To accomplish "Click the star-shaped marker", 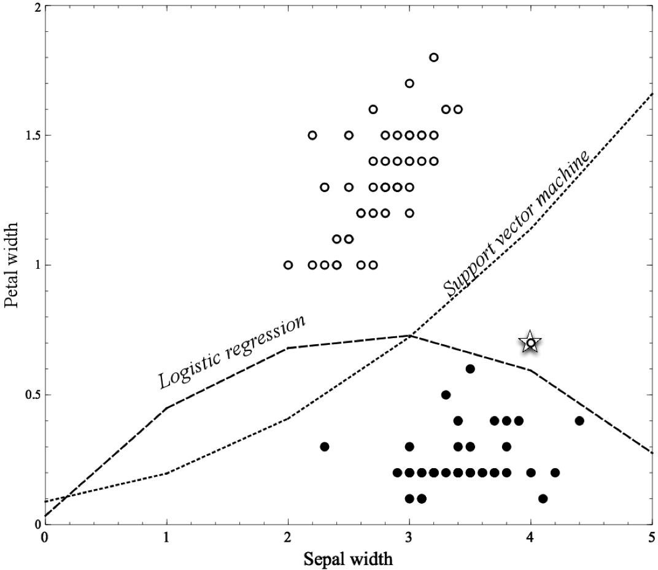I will pos(530,343).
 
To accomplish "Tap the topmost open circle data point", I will pos(433,57).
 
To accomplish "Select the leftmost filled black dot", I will pos(325,446).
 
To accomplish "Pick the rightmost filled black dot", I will pos(579,420).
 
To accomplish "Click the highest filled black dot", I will pos(470,369).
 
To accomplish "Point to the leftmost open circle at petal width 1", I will pos(288,265).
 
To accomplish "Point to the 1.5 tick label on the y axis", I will pos(29,135).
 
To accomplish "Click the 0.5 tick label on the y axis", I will pos(29,395).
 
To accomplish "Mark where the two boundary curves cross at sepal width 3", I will pos(410,336).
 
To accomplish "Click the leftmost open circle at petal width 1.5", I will pos(312,135).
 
